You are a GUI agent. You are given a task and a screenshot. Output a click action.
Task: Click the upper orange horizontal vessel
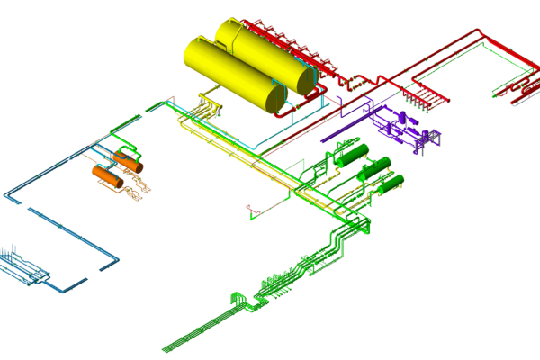(x=127, y=162)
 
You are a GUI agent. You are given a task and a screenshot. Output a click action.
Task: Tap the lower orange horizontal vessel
(x=107, y=176)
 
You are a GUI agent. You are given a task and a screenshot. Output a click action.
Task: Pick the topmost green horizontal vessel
(x=355, y=155)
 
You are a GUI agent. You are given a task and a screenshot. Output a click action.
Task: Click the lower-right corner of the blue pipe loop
(x=118, y=260)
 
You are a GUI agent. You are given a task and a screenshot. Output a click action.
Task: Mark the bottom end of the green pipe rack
(x=166, y=348)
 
